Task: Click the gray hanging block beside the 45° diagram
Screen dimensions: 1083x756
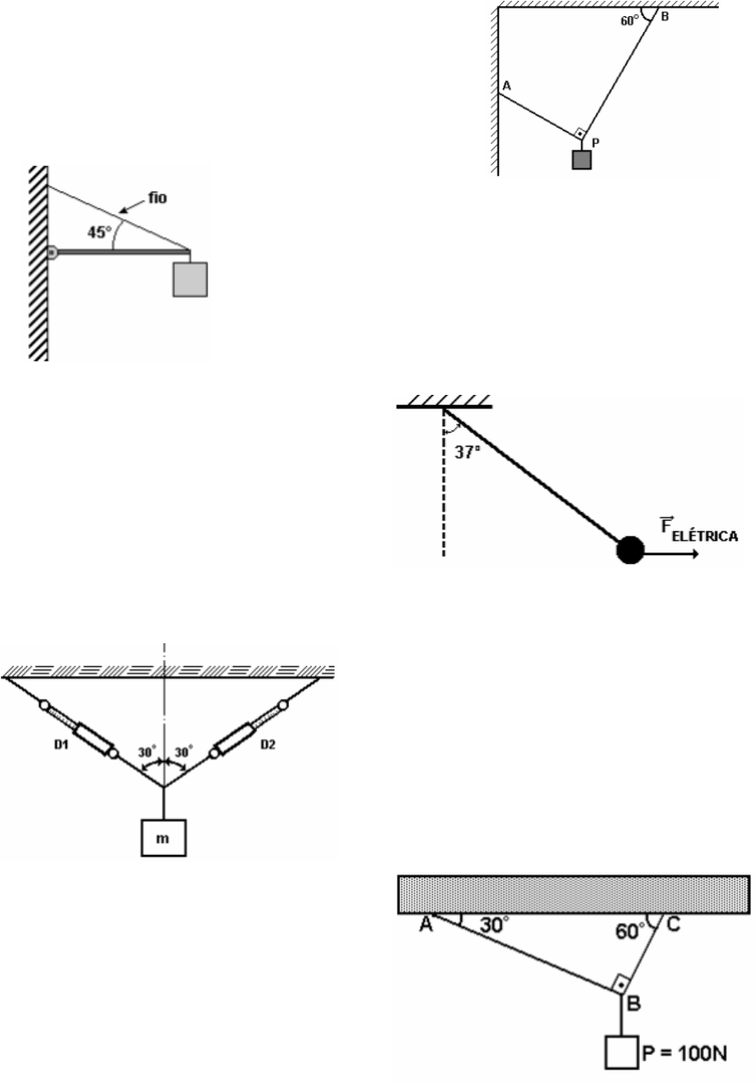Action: coord(190,279)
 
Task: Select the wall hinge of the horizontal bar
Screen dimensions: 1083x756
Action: coord(51,252)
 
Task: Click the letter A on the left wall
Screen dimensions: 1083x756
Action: coord(506,86)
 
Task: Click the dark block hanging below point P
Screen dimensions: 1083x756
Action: coord(581,159)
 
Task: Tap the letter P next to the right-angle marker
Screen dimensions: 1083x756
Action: coord(596,144)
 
